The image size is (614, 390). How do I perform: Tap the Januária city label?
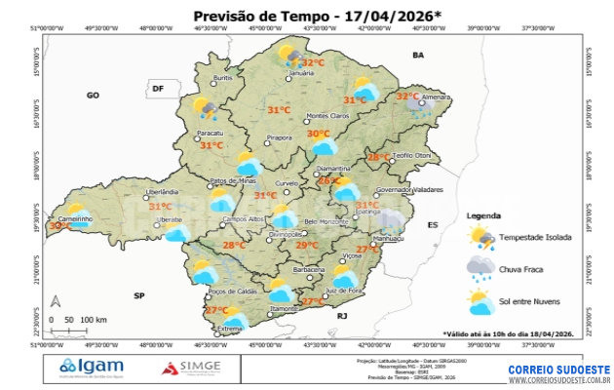[x=302, y=73]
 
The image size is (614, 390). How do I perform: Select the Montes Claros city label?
[x=327, y=116]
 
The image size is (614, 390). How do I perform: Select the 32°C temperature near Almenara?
[x=407, y=97]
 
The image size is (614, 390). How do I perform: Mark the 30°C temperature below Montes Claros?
[x=318, y=134]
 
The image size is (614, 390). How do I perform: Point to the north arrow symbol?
[x=56, y=301]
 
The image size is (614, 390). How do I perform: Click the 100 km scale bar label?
[x=94, y=320]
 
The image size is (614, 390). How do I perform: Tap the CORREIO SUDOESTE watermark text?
[x=558, y=370]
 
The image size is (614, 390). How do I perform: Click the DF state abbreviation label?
[x=158, y=89]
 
